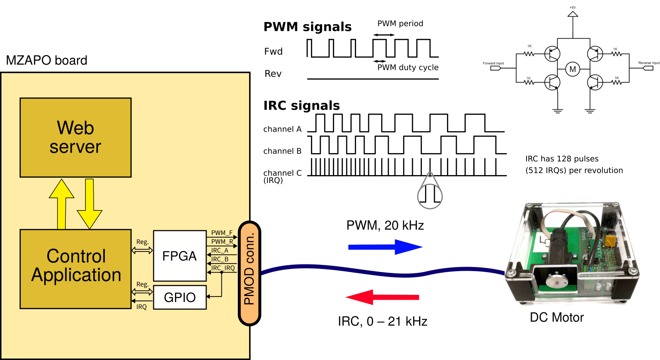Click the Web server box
(x=75, y=137)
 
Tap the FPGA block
(x=179, y=256)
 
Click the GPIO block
(x=179, y=297)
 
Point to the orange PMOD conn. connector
(x=249, y=273)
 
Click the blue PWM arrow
(x=385, y=247)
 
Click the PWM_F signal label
(x=221, y=233)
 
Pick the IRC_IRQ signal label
(x=223, y=268)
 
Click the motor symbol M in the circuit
(x=572, y=69)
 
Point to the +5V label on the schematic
(x=572, y=7)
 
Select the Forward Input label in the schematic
(x=493, y=63)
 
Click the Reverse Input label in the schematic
(x=648, y=63)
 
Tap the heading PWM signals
(x=307, y=27)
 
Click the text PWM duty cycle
(x=408, y=67)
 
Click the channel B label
(x=282, y=151)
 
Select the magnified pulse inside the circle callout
(x=430, y=194)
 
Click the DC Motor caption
(x=557, y=317)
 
